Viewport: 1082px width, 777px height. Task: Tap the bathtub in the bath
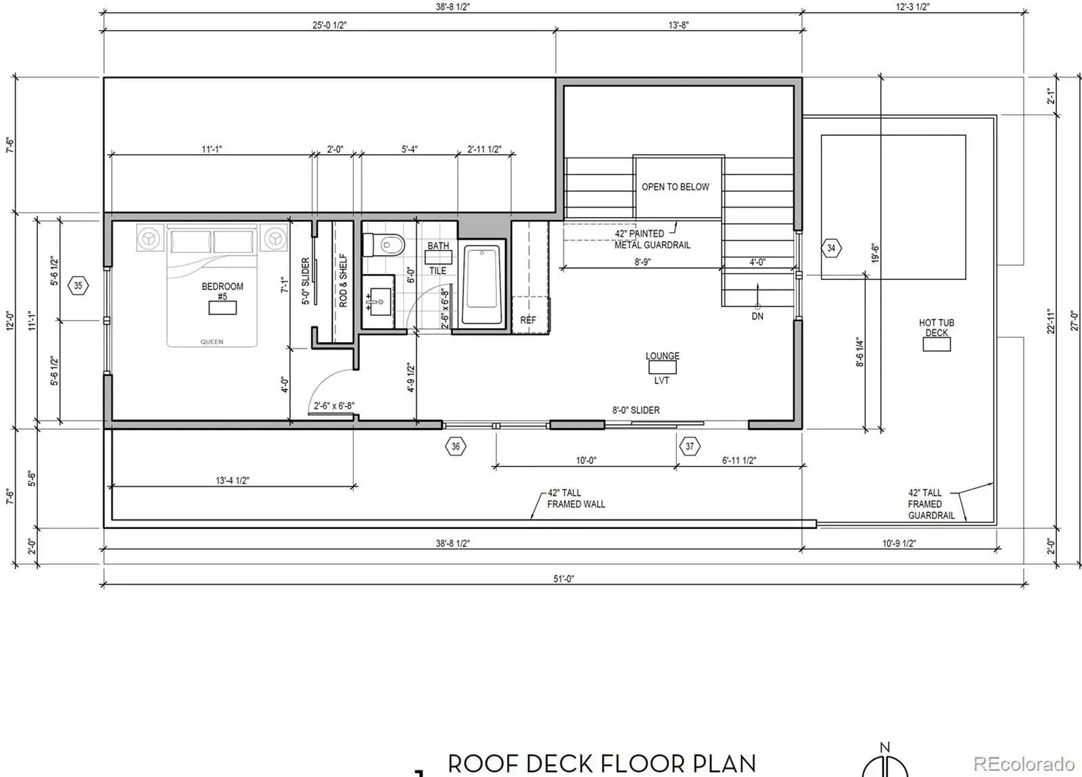pos(481,285)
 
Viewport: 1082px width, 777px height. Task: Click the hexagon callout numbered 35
pos(78,286)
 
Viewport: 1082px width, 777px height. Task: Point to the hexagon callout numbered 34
pos(831,248)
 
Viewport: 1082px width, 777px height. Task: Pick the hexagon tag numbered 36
pos(456,446)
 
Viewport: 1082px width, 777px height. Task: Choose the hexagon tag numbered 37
pos(689,446)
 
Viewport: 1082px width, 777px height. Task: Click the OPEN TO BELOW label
pos(676,187)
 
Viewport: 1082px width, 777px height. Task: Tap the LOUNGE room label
pos(662,356)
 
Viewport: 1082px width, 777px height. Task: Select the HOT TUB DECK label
pos(936,327)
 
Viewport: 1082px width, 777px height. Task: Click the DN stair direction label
pos(757,316)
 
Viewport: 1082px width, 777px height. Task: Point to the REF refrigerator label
pos(528,320)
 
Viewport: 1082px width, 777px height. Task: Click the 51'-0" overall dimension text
pos(563,579)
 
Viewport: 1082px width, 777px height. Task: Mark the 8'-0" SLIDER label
pos(636,410)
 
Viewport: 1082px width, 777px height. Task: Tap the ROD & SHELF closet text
pos(343,281)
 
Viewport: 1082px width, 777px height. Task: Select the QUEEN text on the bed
pos(212,342)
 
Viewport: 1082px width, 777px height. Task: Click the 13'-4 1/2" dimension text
pos(232,481)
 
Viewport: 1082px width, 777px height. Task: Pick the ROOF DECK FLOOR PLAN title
pos(602,763)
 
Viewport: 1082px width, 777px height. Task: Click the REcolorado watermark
pos(1024,763)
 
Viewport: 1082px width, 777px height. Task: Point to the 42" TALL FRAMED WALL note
pos(575,498)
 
